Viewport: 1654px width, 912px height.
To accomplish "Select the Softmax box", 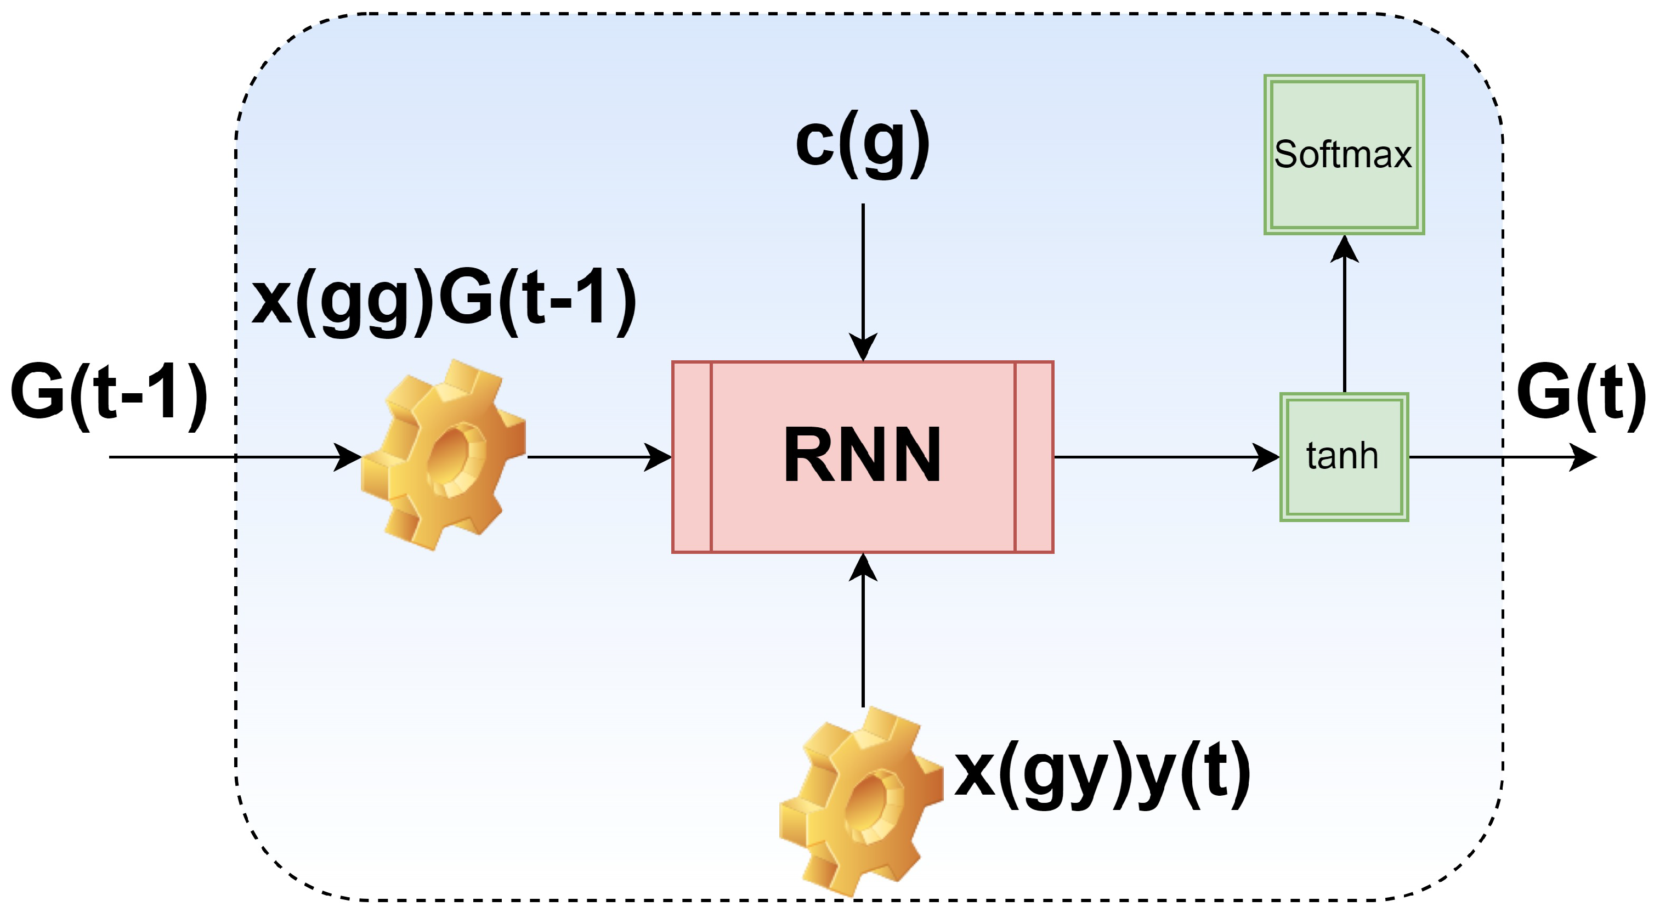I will (1344, 155).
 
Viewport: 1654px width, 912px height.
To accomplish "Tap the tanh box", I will (1344, 457).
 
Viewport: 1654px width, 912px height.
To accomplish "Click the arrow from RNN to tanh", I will (1155, 457).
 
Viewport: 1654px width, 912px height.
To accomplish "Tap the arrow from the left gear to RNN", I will (591, 457).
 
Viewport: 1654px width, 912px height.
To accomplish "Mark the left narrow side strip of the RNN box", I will (692, 457).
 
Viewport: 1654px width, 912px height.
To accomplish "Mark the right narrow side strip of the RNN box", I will (1034, 457).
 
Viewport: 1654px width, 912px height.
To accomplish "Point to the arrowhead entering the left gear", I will (348, 457).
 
